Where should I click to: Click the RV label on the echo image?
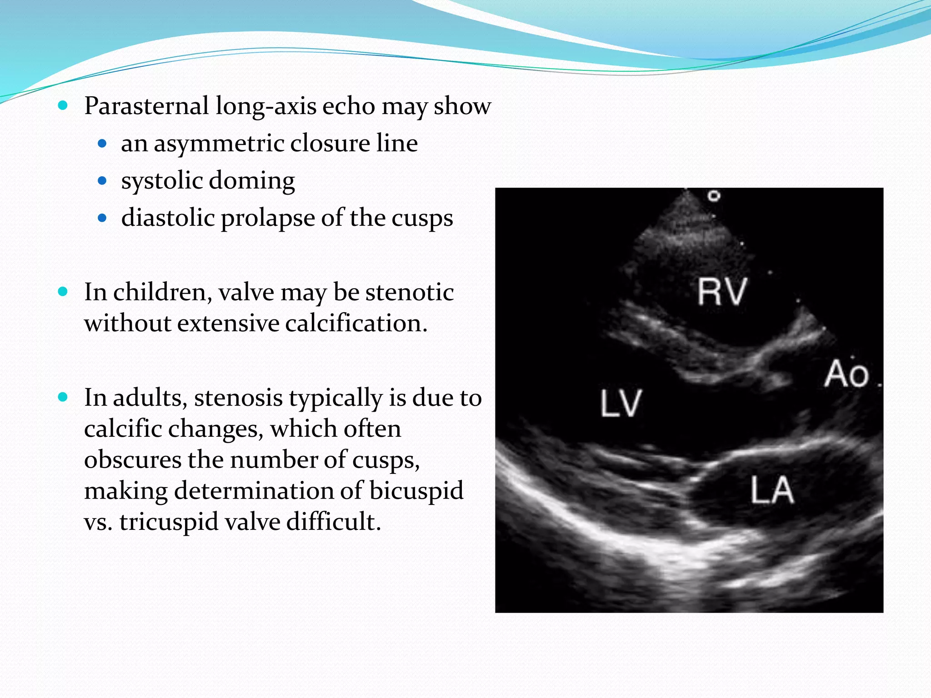pyautogui.click(x=722, y=292)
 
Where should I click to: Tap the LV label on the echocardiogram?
pyautogui.click(x=621, y=403)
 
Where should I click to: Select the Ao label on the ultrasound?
pyautogui.click(x=846, y=374)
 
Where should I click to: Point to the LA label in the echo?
pyautogui.click(x=772, y=490)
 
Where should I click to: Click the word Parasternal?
pyautogui.click(x=146, y=106)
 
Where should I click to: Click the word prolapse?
pyautogui.click(x=268, y=218)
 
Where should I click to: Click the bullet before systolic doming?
pyautogui.click(x=102, y=181)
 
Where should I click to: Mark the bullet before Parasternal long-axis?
pyautogui.click(x=63, y=106)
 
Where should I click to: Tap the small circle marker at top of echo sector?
pyautogui.click(x=714, y=196)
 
